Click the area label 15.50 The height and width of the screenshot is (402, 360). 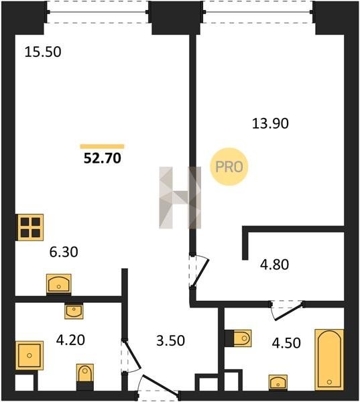click(x=43, y=52)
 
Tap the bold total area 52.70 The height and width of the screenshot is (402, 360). click(x=103, y=158)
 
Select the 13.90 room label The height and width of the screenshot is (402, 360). click(x=270, y=123)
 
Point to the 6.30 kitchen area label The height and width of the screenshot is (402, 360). click(x=64, y=252)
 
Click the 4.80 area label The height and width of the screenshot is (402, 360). click(x=274, y=265)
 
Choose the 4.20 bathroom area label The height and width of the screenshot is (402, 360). click(x=70, y=340)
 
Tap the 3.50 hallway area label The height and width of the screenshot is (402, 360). click(x=170, y=341)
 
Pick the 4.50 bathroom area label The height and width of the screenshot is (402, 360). click(x=286, y=343)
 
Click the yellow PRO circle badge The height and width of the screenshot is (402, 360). click(x=229, y=167)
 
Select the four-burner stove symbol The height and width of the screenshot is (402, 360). click(x=30, y=227)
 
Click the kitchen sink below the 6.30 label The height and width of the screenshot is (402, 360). click(x=59, y=284)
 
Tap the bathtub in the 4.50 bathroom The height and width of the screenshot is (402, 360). click(x=329, y=359)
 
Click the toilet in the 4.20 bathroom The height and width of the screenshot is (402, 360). click(x=85, y=377)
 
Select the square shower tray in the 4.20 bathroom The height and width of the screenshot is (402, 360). click(x=29, y=355)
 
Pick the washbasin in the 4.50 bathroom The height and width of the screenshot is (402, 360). click(x=278, y=383)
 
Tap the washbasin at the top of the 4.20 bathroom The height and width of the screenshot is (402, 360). click(x=74, y=310)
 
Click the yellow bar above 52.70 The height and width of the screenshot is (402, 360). click(x=102, y=147)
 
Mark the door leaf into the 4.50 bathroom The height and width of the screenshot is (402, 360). click(x=289, y=312)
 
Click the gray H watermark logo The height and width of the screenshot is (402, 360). click(x=180, y=198)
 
